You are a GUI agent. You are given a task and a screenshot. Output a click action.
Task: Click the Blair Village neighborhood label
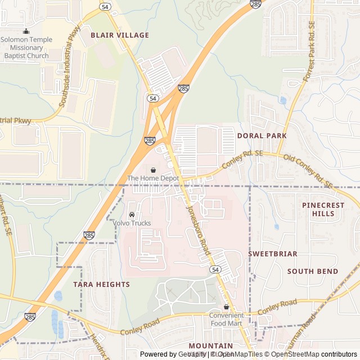tap(120, 35)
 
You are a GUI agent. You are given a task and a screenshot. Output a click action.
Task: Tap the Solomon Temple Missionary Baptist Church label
tap(26, 47)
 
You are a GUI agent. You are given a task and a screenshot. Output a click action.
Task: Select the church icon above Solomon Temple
tap(26, 31)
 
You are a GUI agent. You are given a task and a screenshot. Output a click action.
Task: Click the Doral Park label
tap(262, 136)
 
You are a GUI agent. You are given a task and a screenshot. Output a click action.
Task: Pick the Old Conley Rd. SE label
tap(308, 172)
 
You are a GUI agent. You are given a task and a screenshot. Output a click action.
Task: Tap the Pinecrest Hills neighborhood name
tap(323, 209)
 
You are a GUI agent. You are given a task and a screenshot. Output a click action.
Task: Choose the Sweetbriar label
tap(273, 254)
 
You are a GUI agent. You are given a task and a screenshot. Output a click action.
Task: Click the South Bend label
tap(313, 271)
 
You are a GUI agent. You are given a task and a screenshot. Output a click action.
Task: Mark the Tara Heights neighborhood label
tap(101, 284)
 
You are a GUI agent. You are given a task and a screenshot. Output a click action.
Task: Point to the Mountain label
tap(210, 345)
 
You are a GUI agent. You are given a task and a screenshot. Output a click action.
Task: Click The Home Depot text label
tap(153, 178)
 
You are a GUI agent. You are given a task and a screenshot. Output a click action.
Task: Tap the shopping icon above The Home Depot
tap(153, 169)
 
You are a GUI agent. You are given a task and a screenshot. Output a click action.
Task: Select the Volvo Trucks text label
tap(132, 223)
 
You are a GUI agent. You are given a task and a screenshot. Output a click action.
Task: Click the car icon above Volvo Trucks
tap(132, 214)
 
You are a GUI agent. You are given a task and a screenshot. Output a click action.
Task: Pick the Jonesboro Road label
tap(197, 227)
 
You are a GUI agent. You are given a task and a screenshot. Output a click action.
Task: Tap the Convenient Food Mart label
tap(226, 319)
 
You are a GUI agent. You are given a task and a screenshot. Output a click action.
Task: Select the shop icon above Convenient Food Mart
tap(226, 307)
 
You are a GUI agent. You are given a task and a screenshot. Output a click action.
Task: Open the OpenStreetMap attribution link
tap(294, 354)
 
